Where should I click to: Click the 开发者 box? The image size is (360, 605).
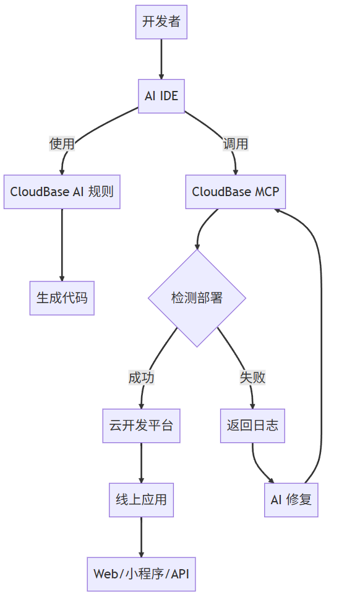[161, 22]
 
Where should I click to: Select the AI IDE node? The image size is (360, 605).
[161, 96]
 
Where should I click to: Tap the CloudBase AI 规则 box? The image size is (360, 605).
[62, 192]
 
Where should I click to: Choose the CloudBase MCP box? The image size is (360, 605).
[236, 192]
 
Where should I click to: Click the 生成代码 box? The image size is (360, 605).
[62, 298]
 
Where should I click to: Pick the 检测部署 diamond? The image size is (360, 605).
[197, 298]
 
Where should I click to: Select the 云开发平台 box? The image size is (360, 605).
[141, 426]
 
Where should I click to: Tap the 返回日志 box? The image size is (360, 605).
[253, 426]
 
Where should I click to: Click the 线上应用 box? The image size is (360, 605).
[141, 500]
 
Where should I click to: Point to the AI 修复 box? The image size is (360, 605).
[291, 500]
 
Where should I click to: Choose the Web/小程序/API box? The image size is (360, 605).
[141, 573]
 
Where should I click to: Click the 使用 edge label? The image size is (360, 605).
[62, 144]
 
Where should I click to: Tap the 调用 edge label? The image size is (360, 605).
[236, 144]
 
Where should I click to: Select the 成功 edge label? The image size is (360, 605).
[141, 377]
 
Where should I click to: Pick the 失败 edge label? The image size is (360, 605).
[253, 377]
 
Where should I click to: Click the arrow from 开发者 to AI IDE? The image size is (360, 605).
[161, 59]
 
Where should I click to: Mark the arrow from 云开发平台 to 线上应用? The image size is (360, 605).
[141, 463]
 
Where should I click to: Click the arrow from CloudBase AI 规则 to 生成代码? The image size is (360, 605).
[62, 244]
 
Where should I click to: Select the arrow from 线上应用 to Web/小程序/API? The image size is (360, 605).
[141, 537]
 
